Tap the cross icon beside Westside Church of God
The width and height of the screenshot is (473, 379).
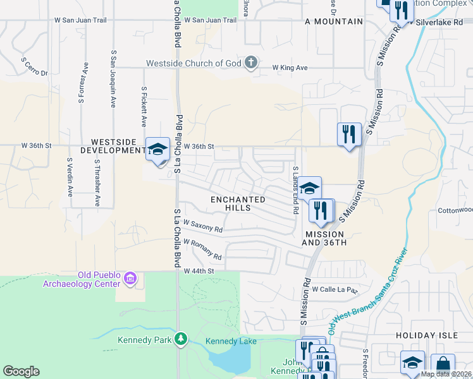251,63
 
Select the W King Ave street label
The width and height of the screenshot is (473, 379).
290,67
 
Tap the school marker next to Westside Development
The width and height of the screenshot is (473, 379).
157,149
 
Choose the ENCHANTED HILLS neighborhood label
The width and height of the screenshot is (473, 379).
238,203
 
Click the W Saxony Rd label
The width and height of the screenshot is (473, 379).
203,226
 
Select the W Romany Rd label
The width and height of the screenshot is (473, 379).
202,250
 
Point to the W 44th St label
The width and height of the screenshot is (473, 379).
199,270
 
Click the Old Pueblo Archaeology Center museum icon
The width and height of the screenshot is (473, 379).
131,278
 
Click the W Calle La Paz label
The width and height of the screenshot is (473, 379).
335,290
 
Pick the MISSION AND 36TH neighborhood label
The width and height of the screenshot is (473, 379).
324,238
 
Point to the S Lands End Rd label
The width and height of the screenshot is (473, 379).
295,189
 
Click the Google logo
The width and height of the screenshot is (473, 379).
21,371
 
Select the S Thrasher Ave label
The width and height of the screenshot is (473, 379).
97,183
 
